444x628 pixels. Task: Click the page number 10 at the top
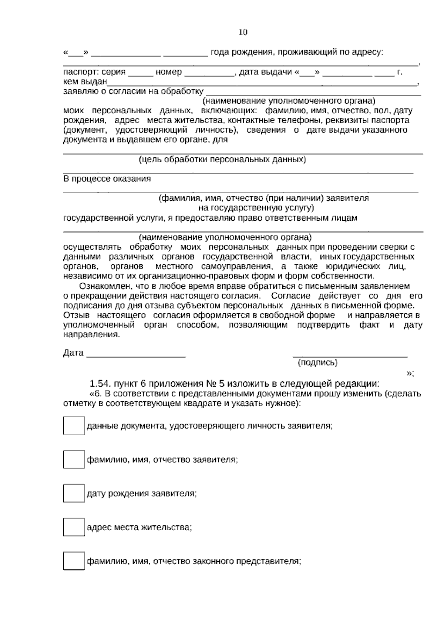pos(243,32)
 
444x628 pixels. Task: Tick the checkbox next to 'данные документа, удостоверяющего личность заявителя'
pos(74,425)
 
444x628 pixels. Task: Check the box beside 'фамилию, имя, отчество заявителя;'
pos(74,460)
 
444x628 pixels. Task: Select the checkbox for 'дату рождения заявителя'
pos(74,493)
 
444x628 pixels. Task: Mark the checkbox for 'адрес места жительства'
pos(74,527)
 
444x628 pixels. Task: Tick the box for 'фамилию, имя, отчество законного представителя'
pos(74,561)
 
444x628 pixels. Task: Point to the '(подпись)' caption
pos(318,363)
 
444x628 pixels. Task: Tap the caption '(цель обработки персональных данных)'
pos(222,160)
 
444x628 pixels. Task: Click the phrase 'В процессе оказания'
pos(107,179)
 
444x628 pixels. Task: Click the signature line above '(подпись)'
pos(350,356)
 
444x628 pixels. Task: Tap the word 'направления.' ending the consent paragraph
pos(92,334)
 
